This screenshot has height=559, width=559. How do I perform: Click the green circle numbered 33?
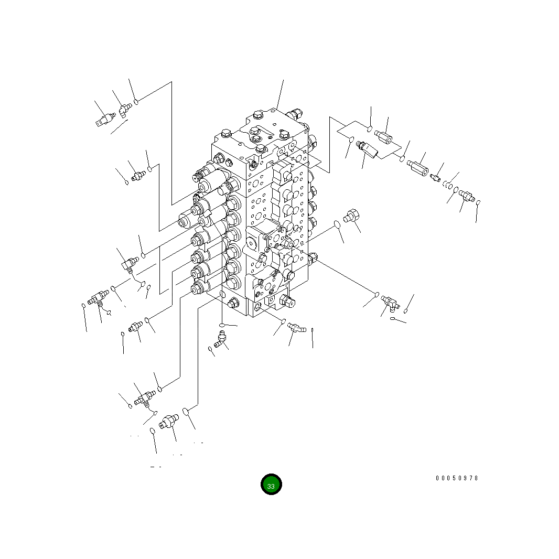pos(271,485)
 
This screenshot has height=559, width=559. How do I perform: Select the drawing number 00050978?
pos(457,478)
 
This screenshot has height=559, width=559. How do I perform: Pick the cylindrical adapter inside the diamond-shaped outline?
pos(383,136)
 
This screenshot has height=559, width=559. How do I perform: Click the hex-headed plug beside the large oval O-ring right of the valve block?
pos(351,216)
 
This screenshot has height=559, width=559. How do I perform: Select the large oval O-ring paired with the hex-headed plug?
pos(337,224)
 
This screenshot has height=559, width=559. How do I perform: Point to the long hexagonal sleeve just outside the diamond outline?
pos(417,168)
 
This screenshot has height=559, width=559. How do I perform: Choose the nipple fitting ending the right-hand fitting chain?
pos(467,196)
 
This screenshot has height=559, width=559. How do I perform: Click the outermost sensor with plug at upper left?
pos(105,120)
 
